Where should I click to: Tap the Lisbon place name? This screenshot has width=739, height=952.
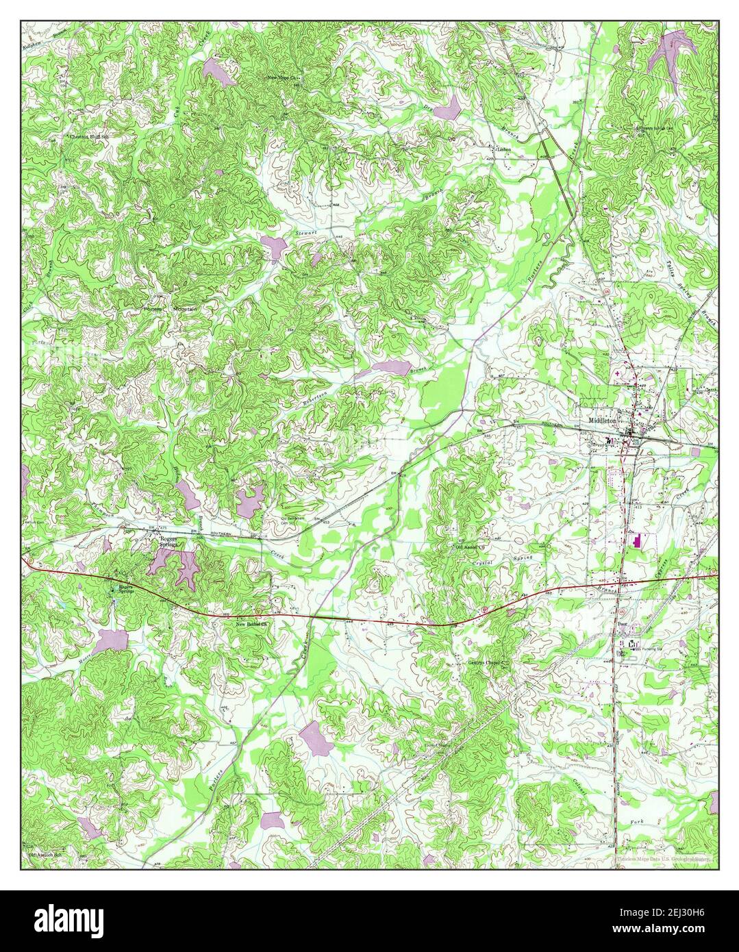click(503, 149)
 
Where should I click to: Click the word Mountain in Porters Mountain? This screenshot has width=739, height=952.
click(184, 310)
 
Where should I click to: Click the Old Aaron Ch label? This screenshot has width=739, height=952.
click(469, 547)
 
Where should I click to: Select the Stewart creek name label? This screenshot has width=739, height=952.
click(306, 234)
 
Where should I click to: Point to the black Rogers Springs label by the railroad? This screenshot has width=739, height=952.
click(168, 542)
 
